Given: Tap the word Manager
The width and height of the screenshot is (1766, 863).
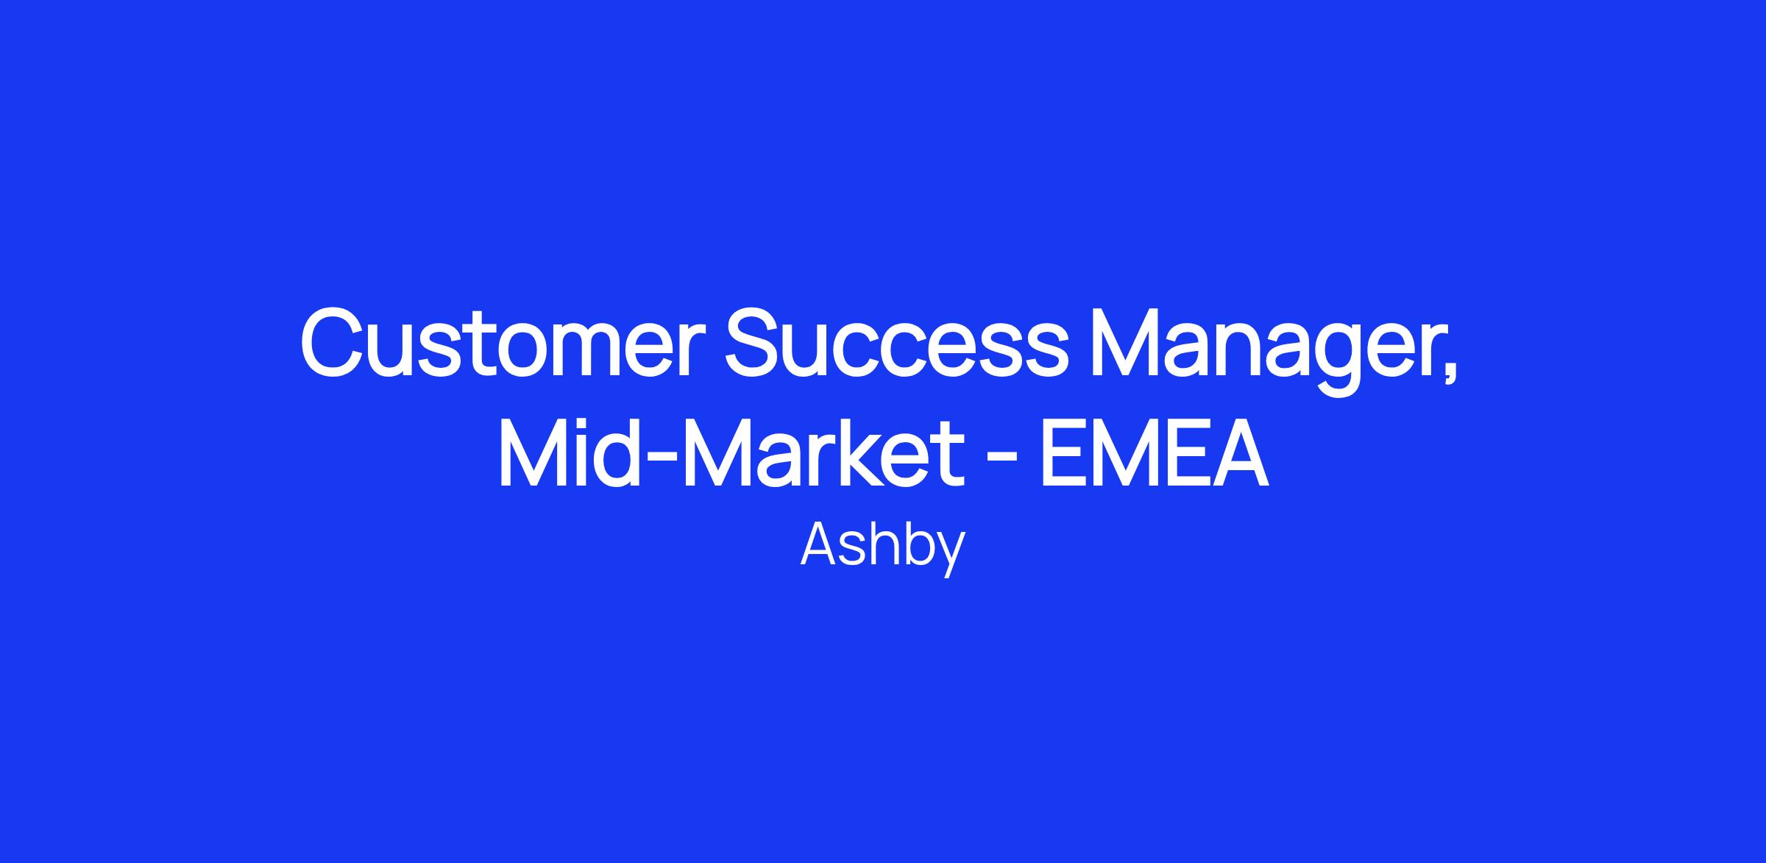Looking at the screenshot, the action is pyautogui.click(x=1257, y=352).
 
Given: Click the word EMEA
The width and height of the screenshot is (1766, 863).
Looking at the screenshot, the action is pyautogui.click(x=1154, y=456).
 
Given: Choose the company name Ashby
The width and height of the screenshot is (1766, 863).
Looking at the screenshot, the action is pyautogui.click(x=882, y=547).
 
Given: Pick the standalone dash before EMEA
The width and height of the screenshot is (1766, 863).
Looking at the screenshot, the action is pyautogui.click(x=1001, y=461).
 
